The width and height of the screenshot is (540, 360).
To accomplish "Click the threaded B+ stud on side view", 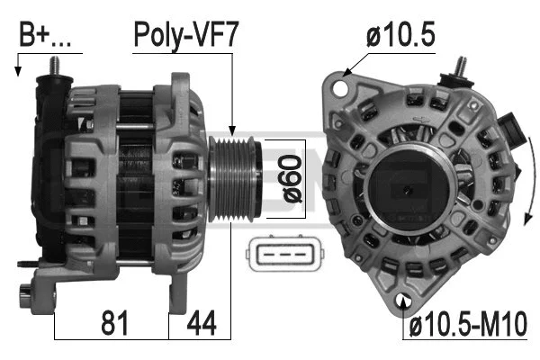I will pos(54,67).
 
